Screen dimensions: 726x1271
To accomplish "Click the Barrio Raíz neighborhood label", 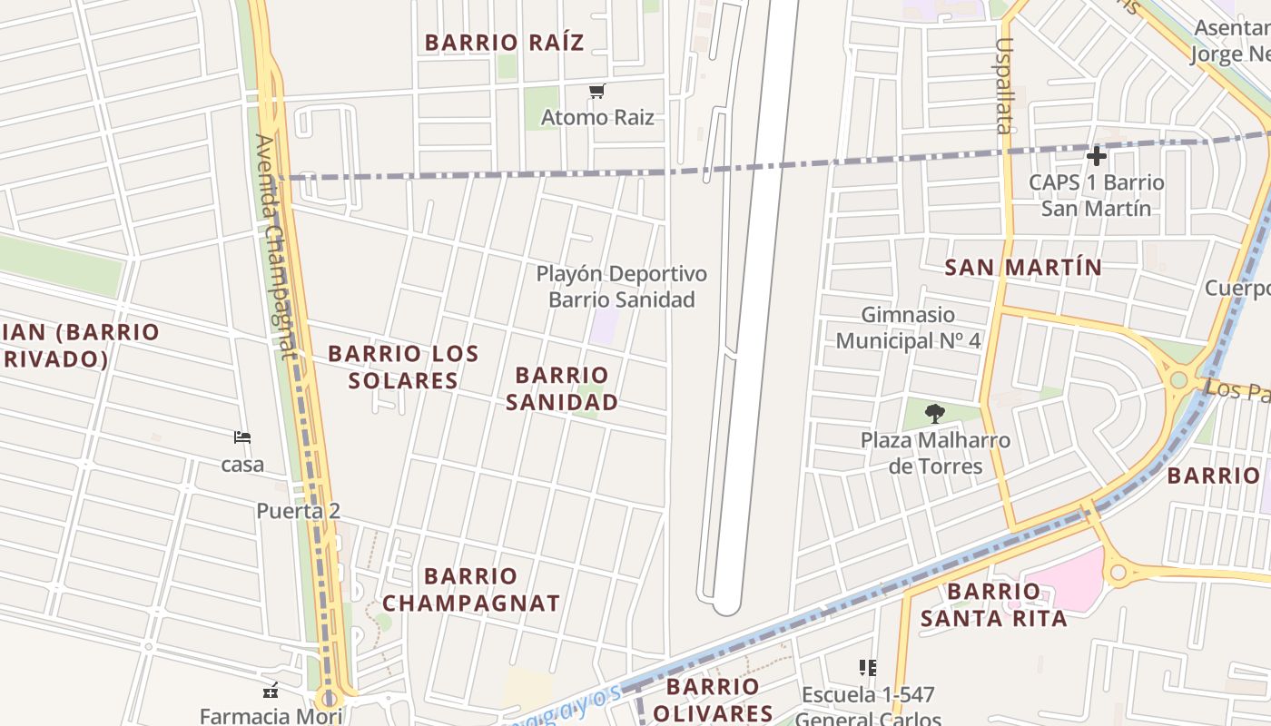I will [504, 43].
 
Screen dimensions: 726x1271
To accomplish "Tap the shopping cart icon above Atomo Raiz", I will [596, 91].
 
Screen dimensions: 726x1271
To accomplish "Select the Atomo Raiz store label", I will [597, 117].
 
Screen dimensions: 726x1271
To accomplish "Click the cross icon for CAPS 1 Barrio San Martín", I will [1096, 156].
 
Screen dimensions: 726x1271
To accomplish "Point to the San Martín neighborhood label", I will [1023, 268].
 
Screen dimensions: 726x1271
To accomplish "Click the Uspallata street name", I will [1003, 85].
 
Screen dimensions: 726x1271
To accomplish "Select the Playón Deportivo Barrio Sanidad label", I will [621, 287].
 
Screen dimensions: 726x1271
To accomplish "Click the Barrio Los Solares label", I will [402, 367].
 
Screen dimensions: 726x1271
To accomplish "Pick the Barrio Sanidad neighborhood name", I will [562, 388].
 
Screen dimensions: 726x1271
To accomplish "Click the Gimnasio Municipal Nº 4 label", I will [908, 328].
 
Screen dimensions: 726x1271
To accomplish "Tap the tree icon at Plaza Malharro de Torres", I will [934, 415].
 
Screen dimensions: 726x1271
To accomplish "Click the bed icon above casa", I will [241, 437].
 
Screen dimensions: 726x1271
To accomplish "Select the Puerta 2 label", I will [298, 511].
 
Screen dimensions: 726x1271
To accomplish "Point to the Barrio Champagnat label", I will [470, 589].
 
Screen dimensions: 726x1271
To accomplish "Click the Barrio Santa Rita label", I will [994, 605].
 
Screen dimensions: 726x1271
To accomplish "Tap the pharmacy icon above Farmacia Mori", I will [270, 691].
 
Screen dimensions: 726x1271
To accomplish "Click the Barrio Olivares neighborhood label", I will [713, 700].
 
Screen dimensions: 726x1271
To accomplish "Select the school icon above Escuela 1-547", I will [867, 668].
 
